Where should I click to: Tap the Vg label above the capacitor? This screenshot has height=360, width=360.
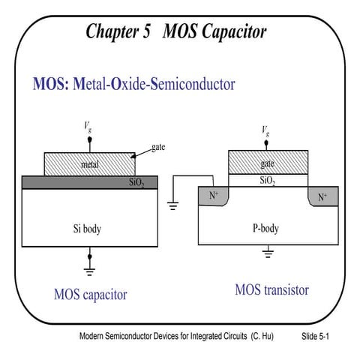[88, 129]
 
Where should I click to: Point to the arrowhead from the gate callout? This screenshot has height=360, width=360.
[133, 157]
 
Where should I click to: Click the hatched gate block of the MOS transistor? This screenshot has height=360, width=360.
[267, 162]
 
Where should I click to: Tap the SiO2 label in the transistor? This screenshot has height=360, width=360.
[267, 181]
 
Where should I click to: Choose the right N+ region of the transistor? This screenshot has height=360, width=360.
[322, 197]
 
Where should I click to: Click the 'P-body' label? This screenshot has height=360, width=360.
[267, 229]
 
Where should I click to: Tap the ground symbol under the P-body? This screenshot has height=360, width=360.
[268, 253]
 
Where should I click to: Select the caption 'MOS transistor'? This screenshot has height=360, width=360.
[271, 289]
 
